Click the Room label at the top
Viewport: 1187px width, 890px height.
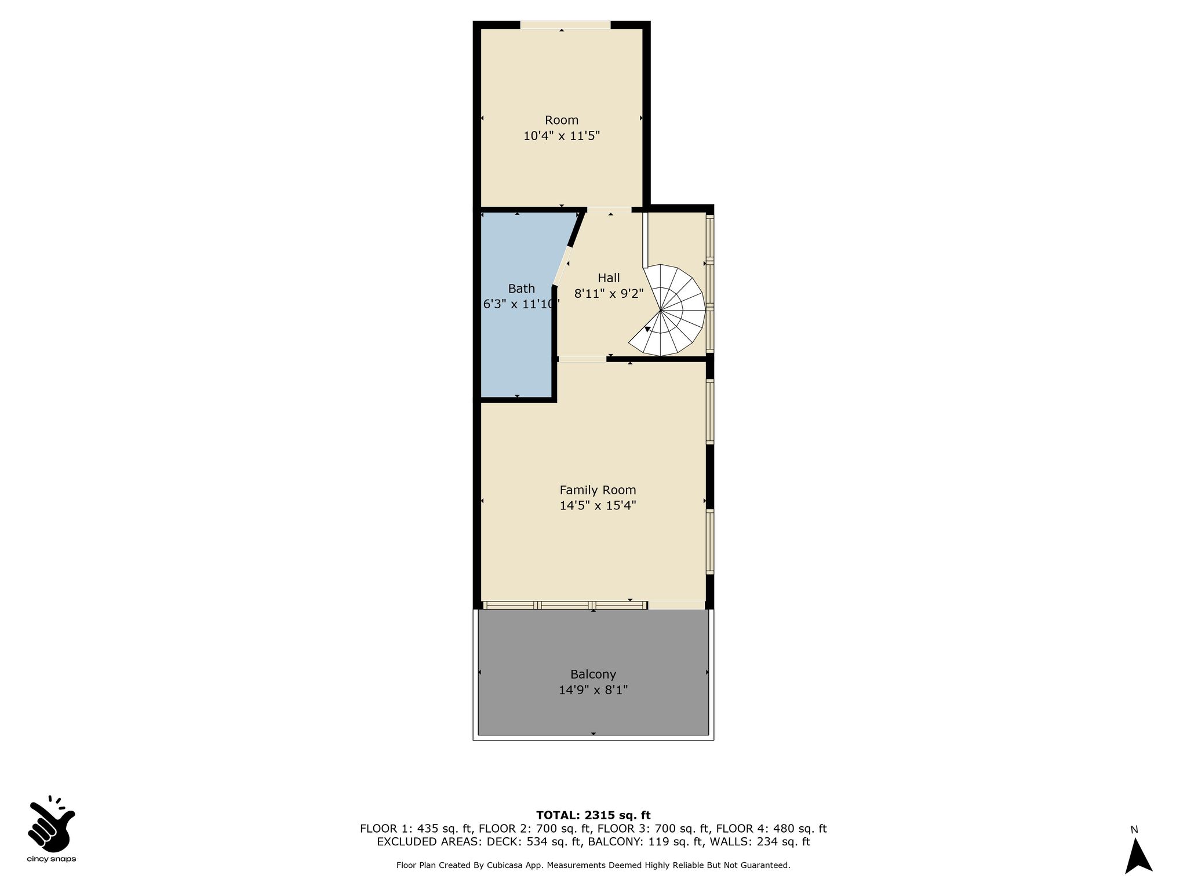coord(561,120)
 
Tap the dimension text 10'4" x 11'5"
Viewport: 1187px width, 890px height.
coord(561,136)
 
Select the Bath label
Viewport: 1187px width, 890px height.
coord(521,289)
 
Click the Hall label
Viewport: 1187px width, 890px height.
coord(609,278)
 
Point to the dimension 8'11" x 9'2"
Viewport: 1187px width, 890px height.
coord(609,294)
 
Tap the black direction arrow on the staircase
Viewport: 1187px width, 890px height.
coord(647,329)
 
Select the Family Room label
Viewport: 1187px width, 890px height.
coord(598,490)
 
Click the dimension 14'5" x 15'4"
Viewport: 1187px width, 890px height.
coord(598,506)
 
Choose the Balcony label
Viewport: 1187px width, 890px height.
coord(593,674)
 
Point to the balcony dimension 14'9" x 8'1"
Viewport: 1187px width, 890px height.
coord(593,690)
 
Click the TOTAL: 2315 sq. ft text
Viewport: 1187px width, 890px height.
coord(593,815)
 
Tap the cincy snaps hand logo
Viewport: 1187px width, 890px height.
coord(52,823)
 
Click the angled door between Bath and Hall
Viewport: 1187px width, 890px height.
coord(562,266)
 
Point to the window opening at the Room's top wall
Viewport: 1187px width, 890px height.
coord(565,25)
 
